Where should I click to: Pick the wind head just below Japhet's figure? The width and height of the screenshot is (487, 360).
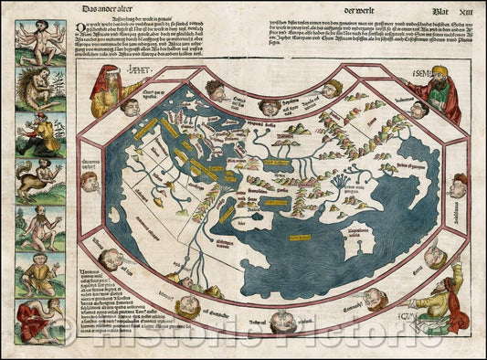131,107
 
